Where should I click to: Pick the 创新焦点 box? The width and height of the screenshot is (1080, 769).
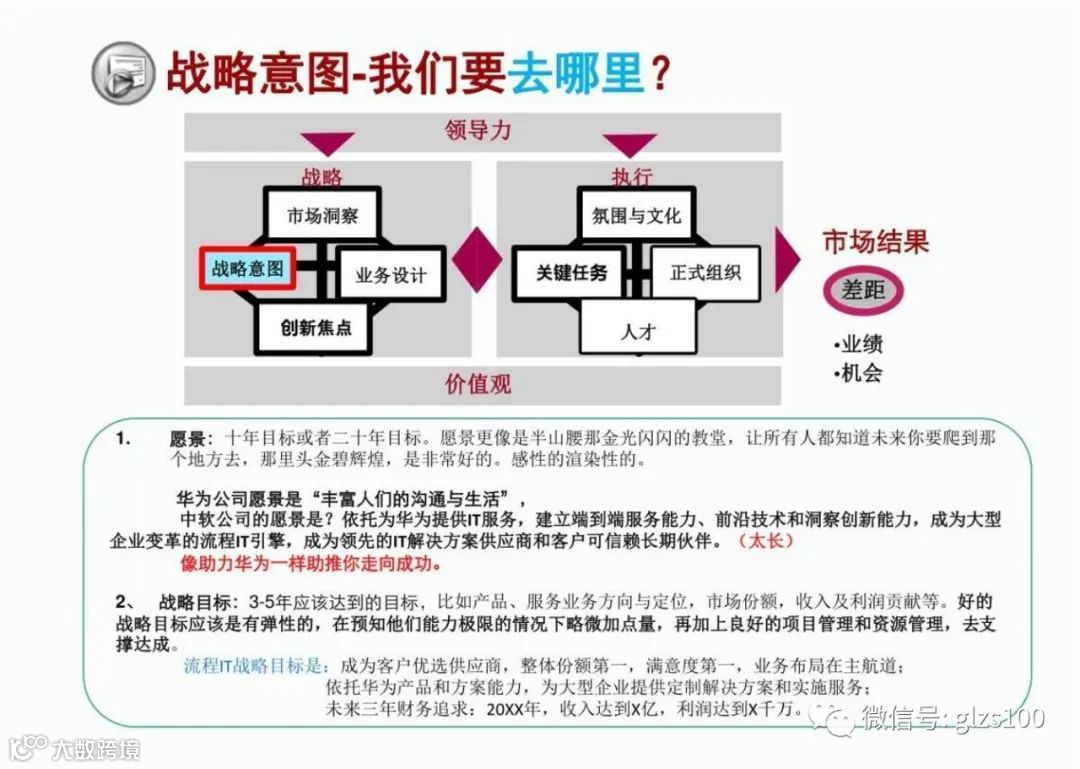(x=316, y=327)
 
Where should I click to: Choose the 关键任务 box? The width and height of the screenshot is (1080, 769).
(x=571, y=272)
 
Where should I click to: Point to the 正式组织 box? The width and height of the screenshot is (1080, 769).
(x=706, y=272)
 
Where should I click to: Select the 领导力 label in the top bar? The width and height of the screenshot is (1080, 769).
(x=478, y=130)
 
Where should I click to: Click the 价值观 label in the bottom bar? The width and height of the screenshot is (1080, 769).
(x=478, y=384)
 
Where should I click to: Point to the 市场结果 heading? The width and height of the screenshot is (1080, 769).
(x=876, y=242)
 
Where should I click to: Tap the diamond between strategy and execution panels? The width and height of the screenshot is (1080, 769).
(x=477, y=259)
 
